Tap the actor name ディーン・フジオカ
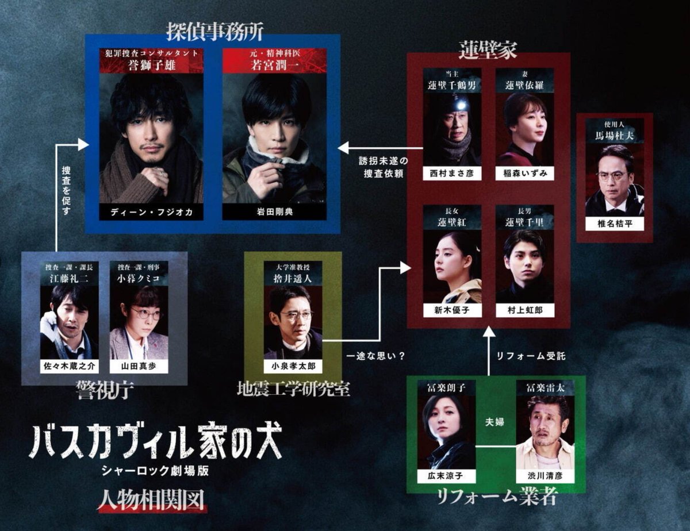click(151, 212)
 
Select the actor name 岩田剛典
click(274, 212)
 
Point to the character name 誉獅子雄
click(151, 65)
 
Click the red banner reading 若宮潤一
click(274, 61)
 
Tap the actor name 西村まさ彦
click(452, 172)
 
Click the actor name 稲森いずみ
click(524, 172)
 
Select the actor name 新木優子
click(452, 310)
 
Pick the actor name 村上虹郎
click(524, 310)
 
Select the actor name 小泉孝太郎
click(293, 367)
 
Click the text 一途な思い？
click(375, 355)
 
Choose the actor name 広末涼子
click(446, 476)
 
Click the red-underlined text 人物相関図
click(152, 499)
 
